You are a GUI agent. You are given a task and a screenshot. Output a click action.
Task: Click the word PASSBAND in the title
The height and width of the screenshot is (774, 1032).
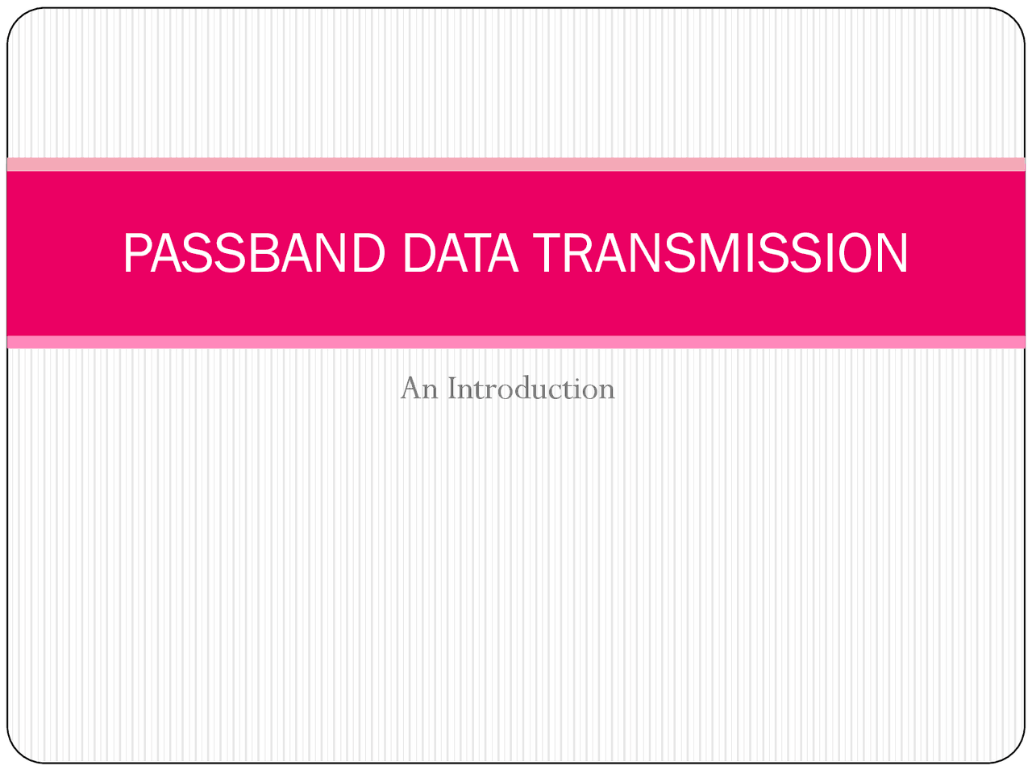254,253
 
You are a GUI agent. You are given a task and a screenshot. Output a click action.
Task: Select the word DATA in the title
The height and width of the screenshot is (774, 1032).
460,253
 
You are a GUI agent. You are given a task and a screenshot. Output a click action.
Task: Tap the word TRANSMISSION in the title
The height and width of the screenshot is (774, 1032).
720,253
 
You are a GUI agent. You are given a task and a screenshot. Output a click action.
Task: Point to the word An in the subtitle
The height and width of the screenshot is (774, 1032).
419,389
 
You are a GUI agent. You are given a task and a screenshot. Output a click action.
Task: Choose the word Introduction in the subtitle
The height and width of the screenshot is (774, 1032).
531,389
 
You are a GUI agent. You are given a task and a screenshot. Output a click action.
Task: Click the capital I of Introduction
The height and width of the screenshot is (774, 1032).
453,389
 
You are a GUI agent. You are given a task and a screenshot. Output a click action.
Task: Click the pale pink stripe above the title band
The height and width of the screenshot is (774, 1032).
516,164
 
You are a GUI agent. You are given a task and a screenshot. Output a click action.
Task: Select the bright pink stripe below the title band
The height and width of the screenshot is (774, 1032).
516,342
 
